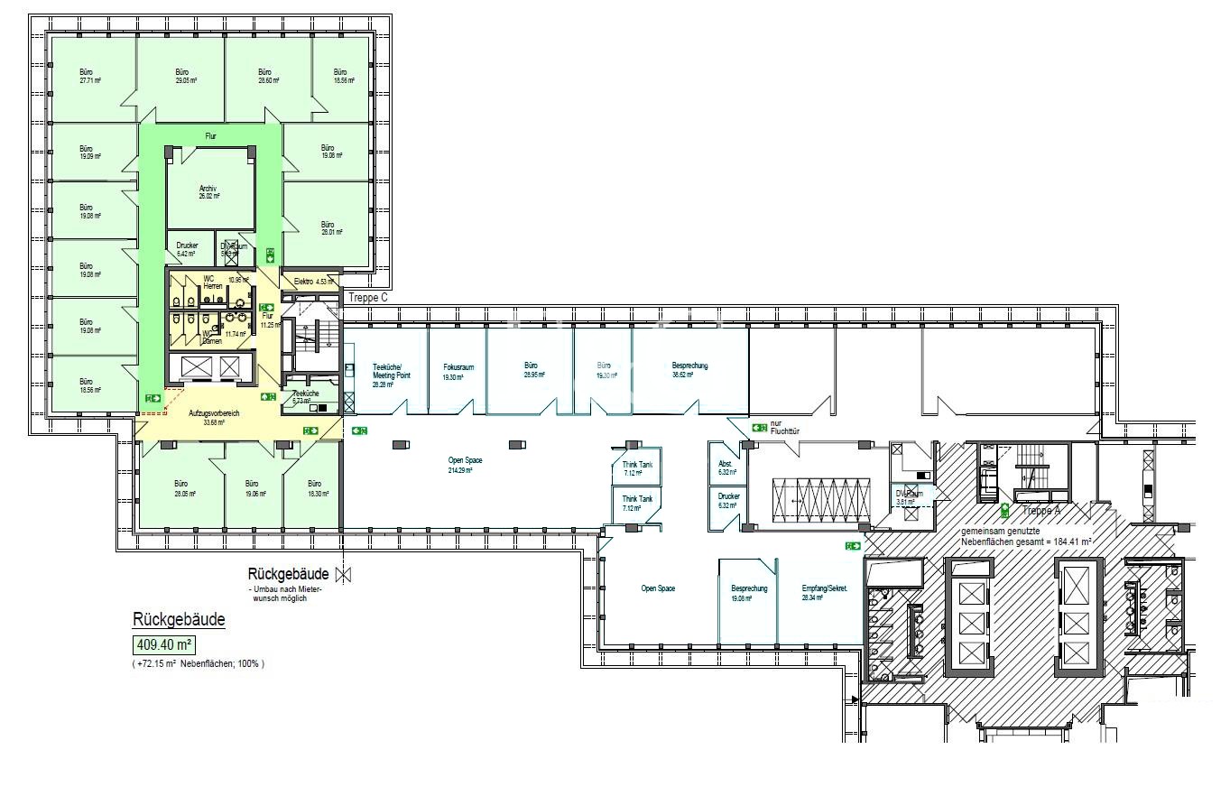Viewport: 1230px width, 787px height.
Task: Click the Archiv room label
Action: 208,191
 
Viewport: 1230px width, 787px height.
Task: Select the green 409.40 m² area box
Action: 164,645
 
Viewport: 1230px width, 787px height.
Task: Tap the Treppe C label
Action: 367,297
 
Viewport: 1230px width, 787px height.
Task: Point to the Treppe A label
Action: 1040,511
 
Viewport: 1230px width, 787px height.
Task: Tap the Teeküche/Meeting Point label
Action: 389,375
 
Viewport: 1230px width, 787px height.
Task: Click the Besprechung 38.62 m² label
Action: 689,369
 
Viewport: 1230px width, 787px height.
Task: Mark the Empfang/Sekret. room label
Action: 823,592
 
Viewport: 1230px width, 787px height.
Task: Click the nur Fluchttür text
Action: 784,427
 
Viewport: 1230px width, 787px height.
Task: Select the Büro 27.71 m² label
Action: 87,76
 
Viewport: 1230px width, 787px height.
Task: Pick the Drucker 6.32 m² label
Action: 728,500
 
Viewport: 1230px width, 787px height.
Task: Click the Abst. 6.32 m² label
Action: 726,468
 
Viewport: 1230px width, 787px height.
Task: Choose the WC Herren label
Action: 212,282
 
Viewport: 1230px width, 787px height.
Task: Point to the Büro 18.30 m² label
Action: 314,487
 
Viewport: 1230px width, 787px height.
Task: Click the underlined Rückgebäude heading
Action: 179,620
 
